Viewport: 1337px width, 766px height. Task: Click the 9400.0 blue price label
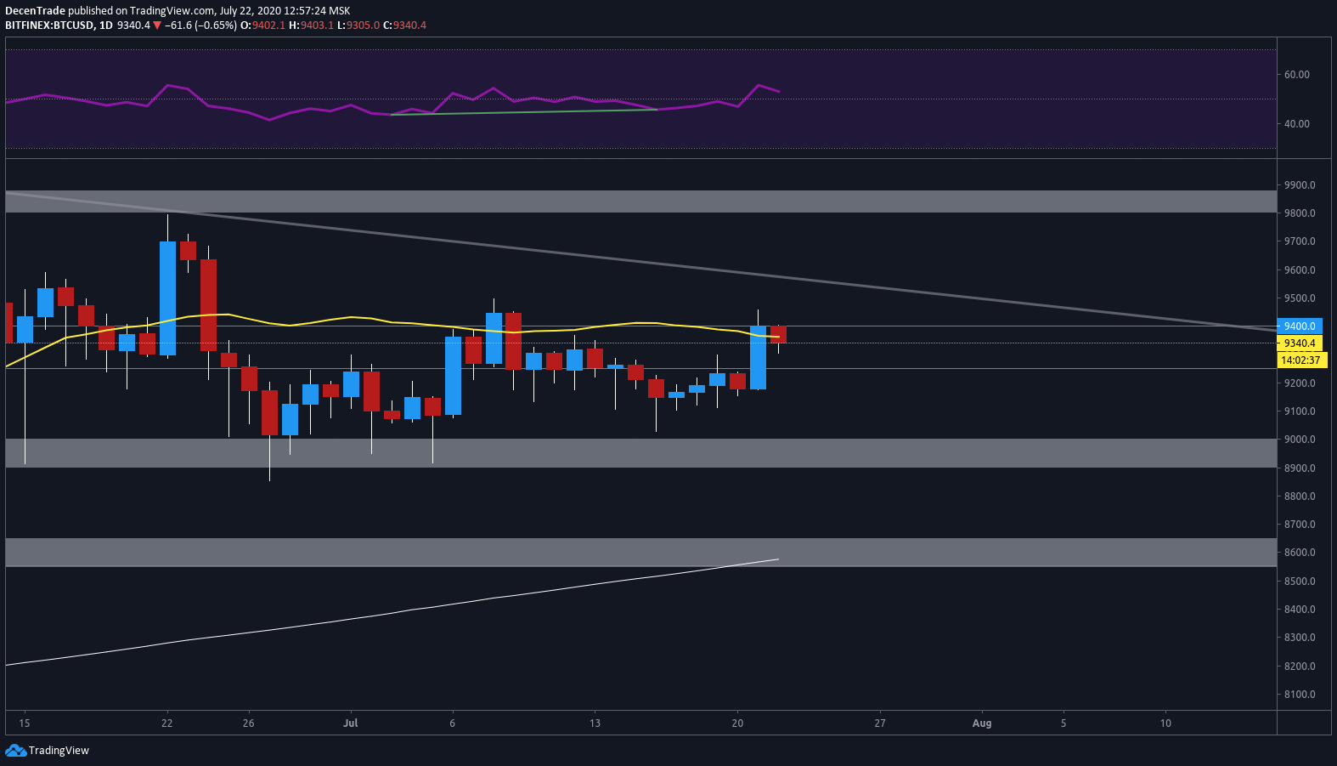[x=1300, y=326]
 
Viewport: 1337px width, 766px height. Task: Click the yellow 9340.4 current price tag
[x=1300, y=343]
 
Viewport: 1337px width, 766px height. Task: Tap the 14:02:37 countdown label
[x=1300, y=360]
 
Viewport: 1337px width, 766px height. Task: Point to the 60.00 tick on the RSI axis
[x=1296, y=75]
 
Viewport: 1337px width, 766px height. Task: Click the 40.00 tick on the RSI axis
[x=1296, y=124]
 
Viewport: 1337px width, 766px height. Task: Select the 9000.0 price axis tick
[x=1300, y=440]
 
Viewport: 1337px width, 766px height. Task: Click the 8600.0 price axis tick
[x=1300, y=553]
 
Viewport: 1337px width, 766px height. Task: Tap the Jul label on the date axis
[x=350, y=723]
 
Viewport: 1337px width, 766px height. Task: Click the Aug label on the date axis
[x=981, y=723]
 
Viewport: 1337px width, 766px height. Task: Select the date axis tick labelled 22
[x=166, y=723]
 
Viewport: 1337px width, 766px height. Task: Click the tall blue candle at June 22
[x=167, y=298]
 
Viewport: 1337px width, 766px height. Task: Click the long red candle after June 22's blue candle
[x=208, y=304]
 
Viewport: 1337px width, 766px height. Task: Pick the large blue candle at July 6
[x=453, y=375]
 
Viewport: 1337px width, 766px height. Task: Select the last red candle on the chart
[x=778, y=334]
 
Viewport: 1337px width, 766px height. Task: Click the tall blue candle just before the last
[x=758, y=357]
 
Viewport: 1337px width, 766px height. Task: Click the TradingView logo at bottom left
[x=48, y=750]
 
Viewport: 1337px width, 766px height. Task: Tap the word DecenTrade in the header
[x=35, y=11]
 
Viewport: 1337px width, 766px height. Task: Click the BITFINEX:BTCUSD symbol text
[x=49, y=26]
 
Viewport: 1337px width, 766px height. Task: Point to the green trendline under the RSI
[x=523, y=112]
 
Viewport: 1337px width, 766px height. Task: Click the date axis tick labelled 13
[x=595, y=723]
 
